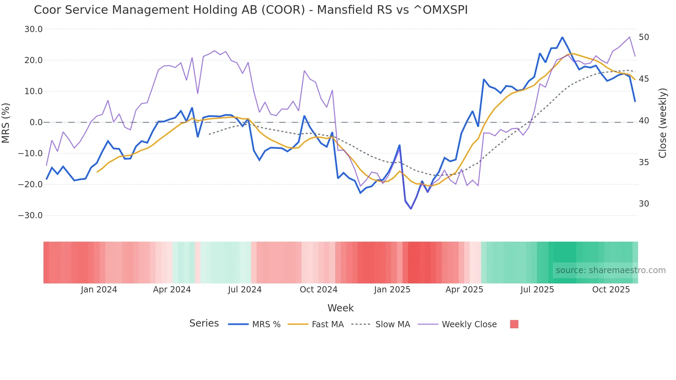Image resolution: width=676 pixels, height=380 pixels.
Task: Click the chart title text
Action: tap(251, 10)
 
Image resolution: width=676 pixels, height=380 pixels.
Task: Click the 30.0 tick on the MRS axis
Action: tap(33, 29)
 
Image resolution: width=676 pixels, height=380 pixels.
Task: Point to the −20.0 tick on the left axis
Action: tap(30, 184)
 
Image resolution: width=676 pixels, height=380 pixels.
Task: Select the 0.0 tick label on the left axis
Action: tap(36, 122)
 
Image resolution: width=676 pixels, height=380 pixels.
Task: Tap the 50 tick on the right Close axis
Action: tap(644, 37)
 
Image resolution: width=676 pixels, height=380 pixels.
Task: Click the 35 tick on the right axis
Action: tap(644, 162)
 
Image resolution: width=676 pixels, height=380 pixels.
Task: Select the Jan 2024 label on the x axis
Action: tap(99, 290)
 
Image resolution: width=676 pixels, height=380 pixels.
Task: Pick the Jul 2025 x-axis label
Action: tap(537, 290)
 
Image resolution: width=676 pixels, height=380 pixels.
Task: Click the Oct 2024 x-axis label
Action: tap(318, 290)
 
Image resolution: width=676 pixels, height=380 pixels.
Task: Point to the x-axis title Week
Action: tap(340, 308)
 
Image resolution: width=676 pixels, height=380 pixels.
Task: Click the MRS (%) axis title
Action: tap(6, 123)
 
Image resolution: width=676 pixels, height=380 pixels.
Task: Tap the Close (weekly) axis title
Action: tap(663, 123)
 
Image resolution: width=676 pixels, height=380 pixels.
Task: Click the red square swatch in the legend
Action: tap(514, 324)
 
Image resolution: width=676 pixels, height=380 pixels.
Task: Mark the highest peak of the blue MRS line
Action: tap(562, 37)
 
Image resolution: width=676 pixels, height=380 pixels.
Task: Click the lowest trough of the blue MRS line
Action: tap(411, 209)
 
